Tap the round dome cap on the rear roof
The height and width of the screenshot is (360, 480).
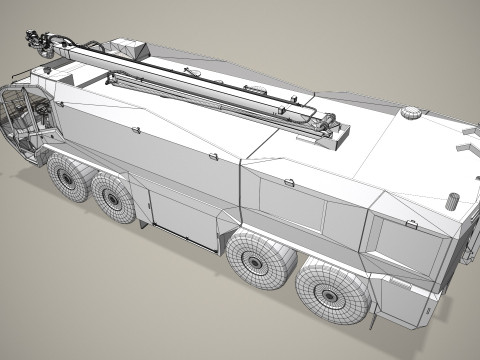[409, 114]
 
